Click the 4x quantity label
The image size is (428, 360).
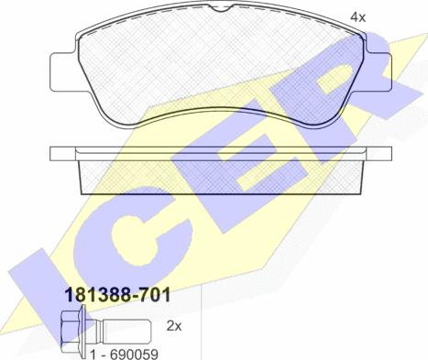357,17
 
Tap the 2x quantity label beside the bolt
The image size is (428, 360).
174,326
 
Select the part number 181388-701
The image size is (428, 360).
118,295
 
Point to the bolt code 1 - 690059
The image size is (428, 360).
125,355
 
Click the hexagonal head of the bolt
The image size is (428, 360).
71,332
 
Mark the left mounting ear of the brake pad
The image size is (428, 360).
62,72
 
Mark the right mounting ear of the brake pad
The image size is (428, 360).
379,72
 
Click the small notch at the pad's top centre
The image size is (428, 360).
219,9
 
